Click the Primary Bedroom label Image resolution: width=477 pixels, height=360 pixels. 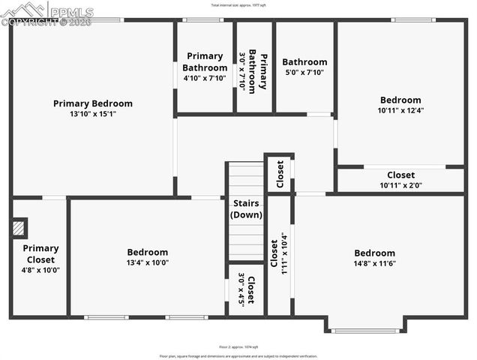(92, 103)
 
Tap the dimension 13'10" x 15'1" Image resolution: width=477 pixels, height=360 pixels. (92, 114)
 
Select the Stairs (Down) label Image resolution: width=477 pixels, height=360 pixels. (247, 208)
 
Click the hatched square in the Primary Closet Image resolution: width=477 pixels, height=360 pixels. (19, 227)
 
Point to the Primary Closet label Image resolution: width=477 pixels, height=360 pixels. (40, 253)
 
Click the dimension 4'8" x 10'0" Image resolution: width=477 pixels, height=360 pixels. (40, 270)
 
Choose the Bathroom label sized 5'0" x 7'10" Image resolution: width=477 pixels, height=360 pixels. (304, 62)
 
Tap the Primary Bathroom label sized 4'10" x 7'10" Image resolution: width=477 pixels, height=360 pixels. (205, 61)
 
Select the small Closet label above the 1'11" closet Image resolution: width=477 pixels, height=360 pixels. (280, 173)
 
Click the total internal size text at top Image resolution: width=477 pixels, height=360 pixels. (238, 4)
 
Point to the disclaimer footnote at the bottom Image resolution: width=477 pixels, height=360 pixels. (238, 356)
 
